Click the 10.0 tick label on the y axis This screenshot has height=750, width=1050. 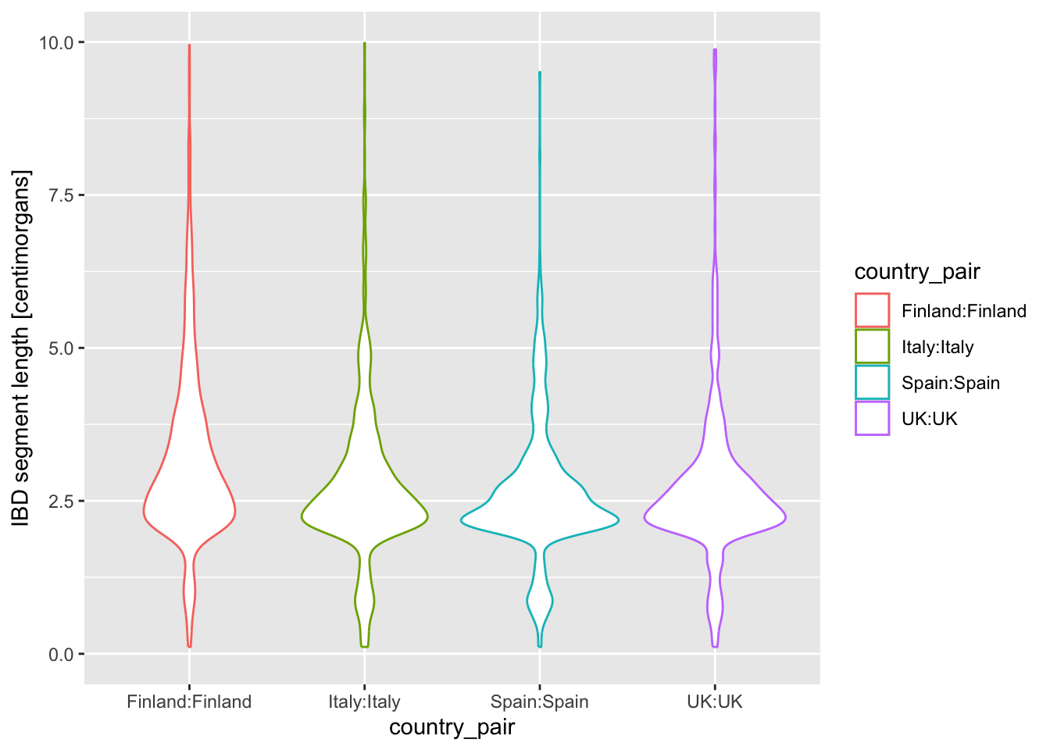pyautogui.click(x=56, y=42)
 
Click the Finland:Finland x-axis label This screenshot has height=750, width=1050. pyautogui.click(x=189, y=702)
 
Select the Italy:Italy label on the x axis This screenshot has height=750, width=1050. pyautogui.click(x=364, y=702)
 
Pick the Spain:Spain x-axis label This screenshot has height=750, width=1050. pyautogui.click(x=540, y=702)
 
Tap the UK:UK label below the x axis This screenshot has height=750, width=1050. pyautogui.click(x=715, y=702)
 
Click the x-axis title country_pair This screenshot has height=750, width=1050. pyautogui.click(x=452, y=727)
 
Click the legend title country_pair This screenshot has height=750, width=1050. pyautogui.click(x=917, y=272)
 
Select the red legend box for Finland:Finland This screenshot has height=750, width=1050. pyautogui.click(x=872, y=310)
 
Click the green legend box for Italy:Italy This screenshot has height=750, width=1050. pyautogui.click(x=872, y=346)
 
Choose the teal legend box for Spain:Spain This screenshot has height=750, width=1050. pyautogui.click(x=872, y=382)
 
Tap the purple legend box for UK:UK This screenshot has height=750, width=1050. pyautogui.click(x=872, y=418)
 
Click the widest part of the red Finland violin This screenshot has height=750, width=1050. pyautogui.click(x=189, y=512)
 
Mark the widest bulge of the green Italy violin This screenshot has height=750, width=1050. pyautogui.click(x=364, y=516)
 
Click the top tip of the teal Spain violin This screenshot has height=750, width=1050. pyautogui.click(x=540, y=73)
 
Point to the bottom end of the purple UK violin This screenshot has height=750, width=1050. pyautogui.click(x=715, y=646)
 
